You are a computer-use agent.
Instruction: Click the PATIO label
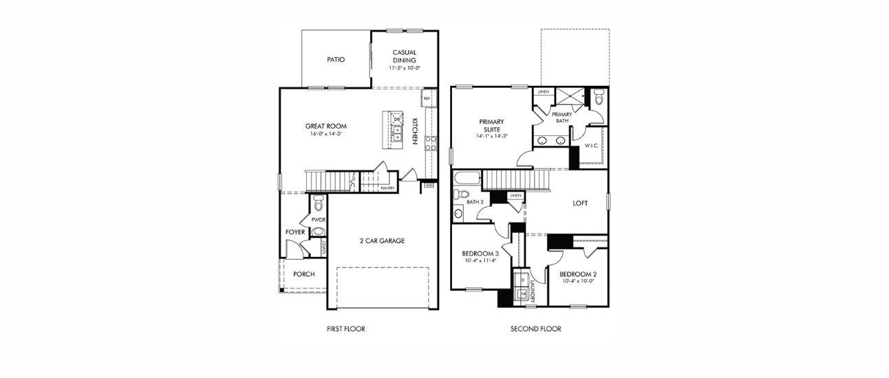click(336, 60)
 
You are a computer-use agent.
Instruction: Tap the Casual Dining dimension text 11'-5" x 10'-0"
click(405, 68)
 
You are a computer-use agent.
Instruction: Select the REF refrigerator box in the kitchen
click(427, 98)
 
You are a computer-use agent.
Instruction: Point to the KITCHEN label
click(415, 131)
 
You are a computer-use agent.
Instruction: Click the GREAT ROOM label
click(326, 126)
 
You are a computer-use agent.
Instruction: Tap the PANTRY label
click(387, 188)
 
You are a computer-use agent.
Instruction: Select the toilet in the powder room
click(318, 203)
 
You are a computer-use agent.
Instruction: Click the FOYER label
click(295, 232)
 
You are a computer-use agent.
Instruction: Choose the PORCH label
click(304, 274)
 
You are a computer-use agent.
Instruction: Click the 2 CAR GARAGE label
click(382, 241)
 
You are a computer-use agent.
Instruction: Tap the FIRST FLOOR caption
click(345, 329)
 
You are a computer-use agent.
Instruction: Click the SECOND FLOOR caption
click(536, 329)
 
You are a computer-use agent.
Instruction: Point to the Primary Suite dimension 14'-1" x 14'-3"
click(491, 136)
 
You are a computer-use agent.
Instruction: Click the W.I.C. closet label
click(592, 146)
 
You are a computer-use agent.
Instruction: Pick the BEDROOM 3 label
click(480, 254)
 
